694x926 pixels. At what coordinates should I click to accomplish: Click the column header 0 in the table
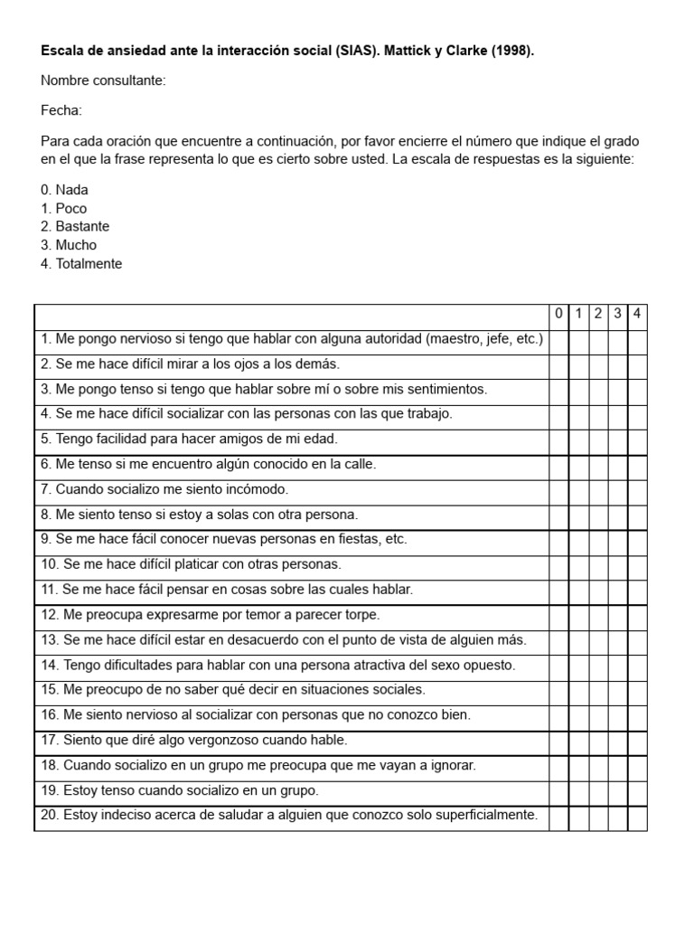click(x=558, y=314)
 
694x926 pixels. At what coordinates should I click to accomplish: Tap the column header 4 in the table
click(x=637, y=314)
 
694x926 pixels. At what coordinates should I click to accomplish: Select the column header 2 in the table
click(x=598, y=314)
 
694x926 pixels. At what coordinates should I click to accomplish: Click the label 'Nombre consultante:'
click(x=103, y=81)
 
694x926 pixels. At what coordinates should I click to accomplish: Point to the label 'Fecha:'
click(x=61, y=110)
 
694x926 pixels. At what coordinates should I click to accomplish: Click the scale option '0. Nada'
click(x=64, y=190)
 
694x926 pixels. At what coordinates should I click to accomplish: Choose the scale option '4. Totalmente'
click(x=81, y=264)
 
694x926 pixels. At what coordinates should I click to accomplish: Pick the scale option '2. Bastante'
click(x=75, y=227)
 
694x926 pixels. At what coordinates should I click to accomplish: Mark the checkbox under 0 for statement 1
click(x=558, y=340)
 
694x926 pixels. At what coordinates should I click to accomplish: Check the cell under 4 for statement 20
click(x=637, y=817)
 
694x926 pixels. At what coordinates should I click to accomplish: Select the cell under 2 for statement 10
click(x=598, y=565)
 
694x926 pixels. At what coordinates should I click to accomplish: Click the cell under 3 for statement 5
click(x=618, y=440)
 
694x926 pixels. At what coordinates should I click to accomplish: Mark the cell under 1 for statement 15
click(x=578, y=691)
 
